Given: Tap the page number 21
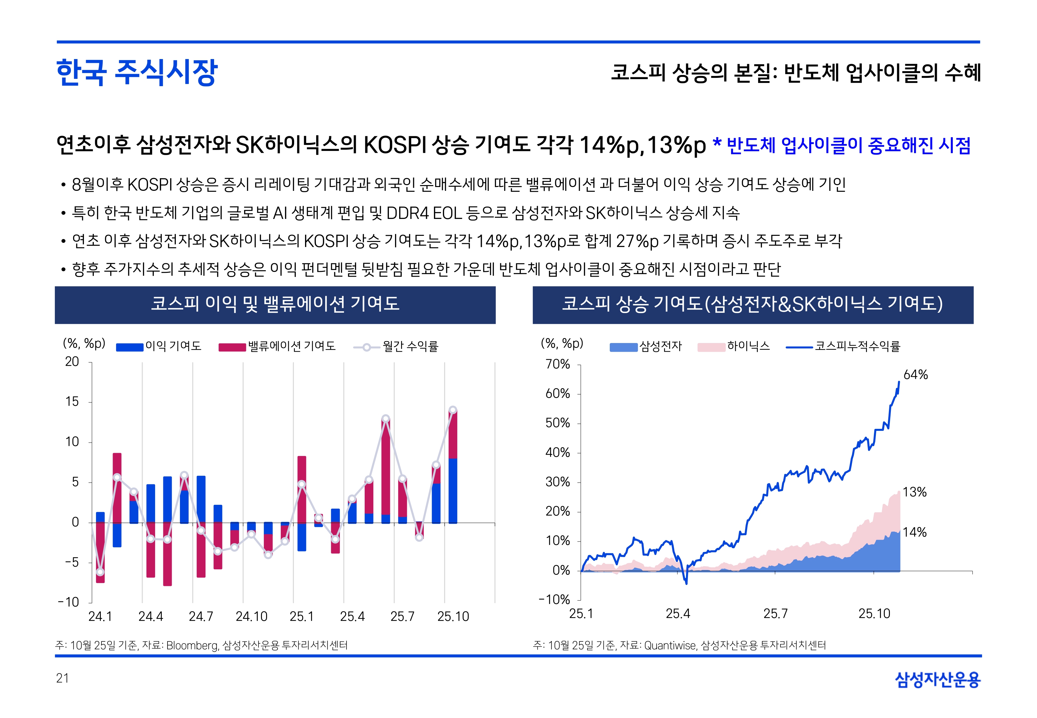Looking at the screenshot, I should pos(63,678).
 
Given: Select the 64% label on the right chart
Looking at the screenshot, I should pos(915,375).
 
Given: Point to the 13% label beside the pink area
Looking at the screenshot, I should pos(914,492).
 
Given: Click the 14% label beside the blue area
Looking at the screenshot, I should pos(914,532).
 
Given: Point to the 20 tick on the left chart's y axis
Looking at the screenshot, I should pos(72,362).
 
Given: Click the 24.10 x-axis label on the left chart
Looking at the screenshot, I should pos(251,616).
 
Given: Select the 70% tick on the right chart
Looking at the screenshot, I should pos(558,364).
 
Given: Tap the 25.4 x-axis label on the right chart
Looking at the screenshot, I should pos(678,614).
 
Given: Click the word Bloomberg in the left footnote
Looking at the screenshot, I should pos(192,646).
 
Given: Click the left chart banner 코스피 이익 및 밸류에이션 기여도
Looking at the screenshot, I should pos(275,304).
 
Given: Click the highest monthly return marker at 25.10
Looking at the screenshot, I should pos(453,410).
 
